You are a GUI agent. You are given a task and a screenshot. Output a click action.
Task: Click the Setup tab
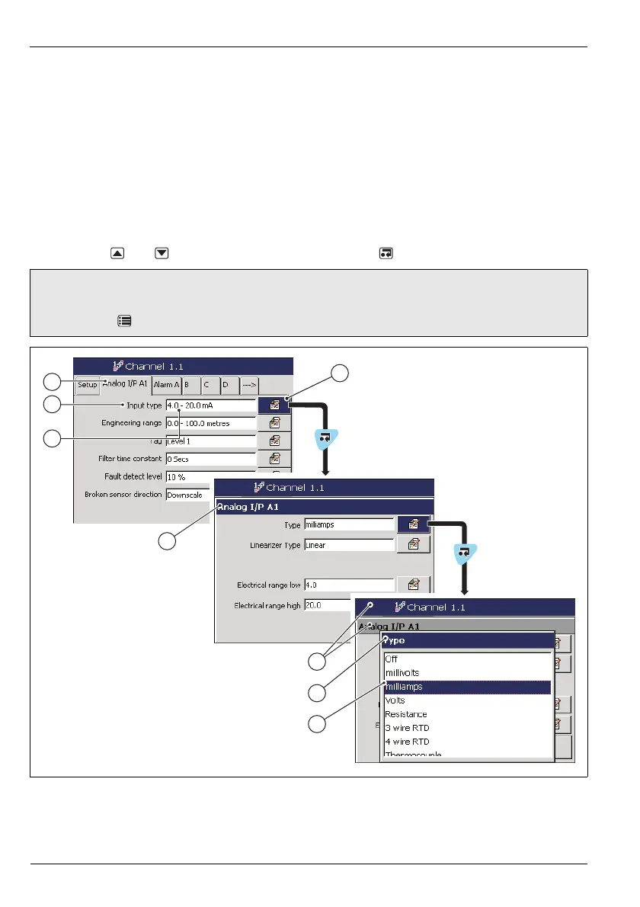click(88, 385)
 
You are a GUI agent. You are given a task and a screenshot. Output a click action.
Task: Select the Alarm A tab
click(166, 385)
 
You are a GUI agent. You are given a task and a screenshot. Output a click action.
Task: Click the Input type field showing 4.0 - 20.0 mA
click(210, 405)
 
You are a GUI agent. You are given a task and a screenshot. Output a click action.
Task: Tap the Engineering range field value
click(210, 423)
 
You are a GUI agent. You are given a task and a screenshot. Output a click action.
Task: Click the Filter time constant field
click(210, 459)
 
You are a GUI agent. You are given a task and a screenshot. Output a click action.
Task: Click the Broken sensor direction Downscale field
click(187, 495)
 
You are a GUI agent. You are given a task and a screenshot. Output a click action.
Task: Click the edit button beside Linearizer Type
click(414, 544)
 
